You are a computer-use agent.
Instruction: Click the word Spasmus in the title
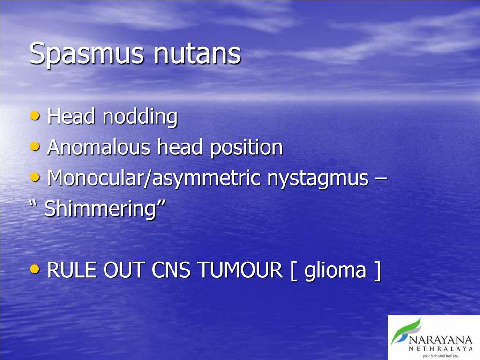87,54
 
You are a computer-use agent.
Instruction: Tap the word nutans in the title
197,54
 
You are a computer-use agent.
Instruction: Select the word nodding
140,117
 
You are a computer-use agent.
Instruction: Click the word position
246,148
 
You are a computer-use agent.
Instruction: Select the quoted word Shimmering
99,209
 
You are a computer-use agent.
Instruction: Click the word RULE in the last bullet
70,270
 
